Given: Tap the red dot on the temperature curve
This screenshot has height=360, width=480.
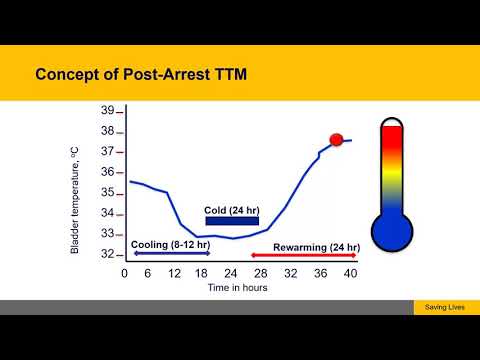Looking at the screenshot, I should click(x=337, y=140).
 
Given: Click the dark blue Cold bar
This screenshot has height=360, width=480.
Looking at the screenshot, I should click(x=231, y=221).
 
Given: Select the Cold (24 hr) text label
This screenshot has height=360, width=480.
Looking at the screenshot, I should click(x=231, y=210).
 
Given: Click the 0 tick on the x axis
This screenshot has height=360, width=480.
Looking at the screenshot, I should click(x=124, y=273).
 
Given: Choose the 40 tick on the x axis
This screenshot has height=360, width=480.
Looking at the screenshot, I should click(x=351, y=273).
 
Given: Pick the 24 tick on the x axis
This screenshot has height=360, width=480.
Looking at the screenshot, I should click(x=231, y=273).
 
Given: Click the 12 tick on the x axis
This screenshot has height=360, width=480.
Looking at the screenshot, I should click(x=176, y=273).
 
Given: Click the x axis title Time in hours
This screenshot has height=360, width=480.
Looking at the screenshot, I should click(x=237, y=287).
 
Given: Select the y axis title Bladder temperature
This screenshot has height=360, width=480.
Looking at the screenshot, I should click(x=75, y=196).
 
